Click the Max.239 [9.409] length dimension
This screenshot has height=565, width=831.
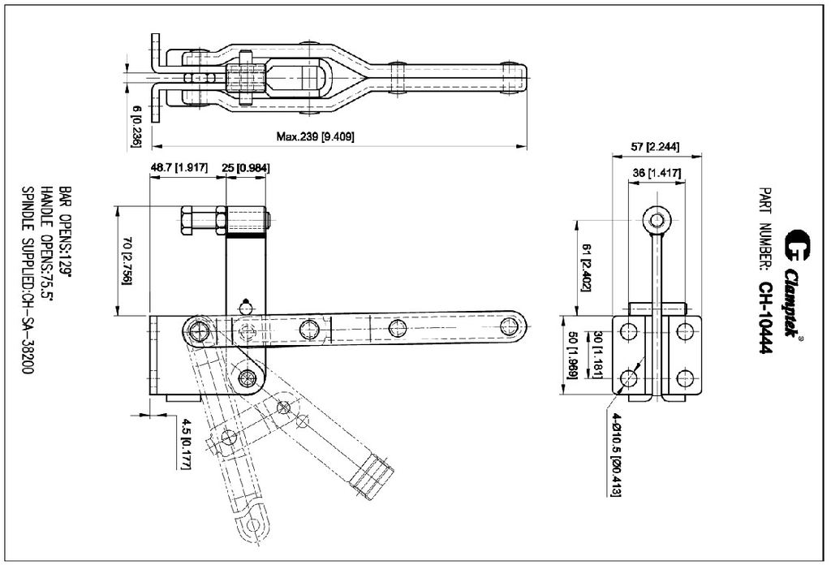click(315, 136)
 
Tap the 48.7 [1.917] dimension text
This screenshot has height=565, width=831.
click(179, 167)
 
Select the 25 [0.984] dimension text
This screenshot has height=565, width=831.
click(246, 167)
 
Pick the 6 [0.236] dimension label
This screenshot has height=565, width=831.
click(136, 126)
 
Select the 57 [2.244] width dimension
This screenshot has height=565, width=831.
click(655, 147)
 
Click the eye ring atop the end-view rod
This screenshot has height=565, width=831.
click(657, 219)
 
